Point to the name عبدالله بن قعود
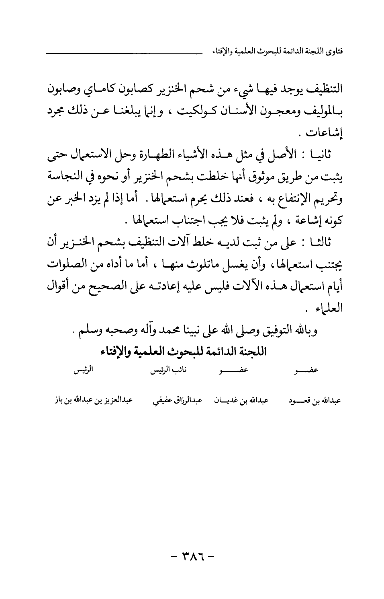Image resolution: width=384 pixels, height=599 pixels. [315, 401]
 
